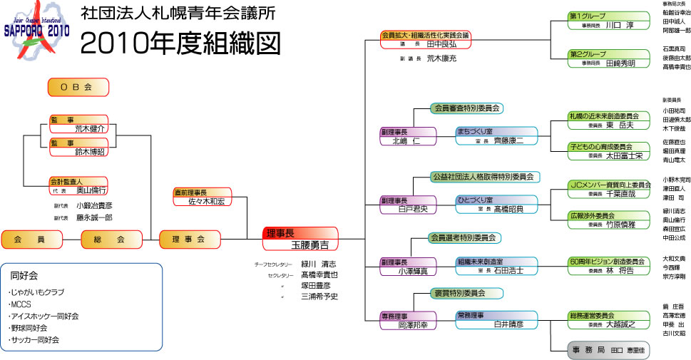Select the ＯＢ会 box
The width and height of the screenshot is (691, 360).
[78, 87]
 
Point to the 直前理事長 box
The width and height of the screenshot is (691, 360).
[203, 197]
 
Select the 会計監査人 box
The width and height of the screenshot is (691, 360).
[78, 185]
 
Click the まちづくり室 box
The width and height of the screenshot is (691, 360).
[498, 135]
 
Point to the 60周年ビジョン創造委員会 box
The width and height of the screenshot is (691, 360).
[608, 265]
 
